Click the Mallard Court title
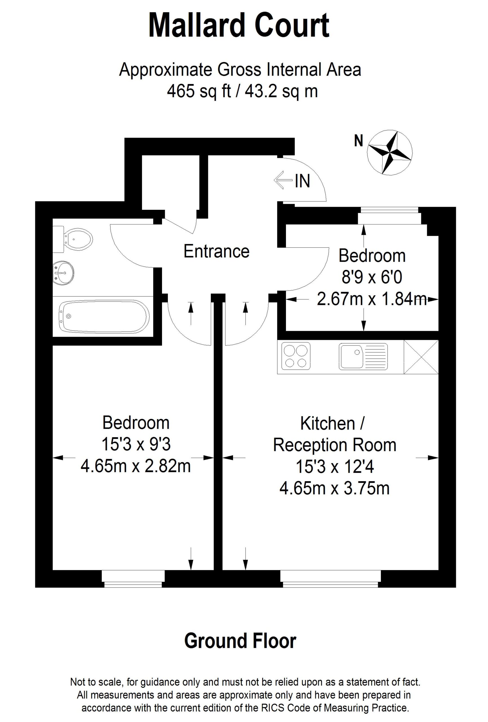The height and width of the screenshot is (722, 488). pyautogui.click(x=238, y=25)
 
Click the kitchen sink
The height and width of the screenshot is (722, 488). pyautogui.click(x=363, y=356)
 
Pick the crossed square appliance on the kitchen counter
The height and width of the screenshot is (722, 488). pyautogui.click(x=421, y=357)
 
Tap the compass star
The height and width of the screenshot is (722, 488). pyautogui.click(x=389, y=153)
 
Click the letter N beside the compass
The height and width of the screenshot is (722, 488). pyautogui.click(x=359, y=141)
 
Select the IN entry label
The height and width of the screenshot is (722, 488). pyautogui.click(x=302, y=181)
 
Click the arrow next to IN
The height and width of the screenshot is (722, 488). pyautogui.click(x=283, y=180)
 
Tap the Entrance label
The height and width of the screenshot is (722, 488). pyautogui.click(x=216, y=251)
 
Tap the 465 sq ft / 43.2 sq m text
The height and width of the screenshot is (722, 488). pyautogui.click(x=242, y=91)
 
